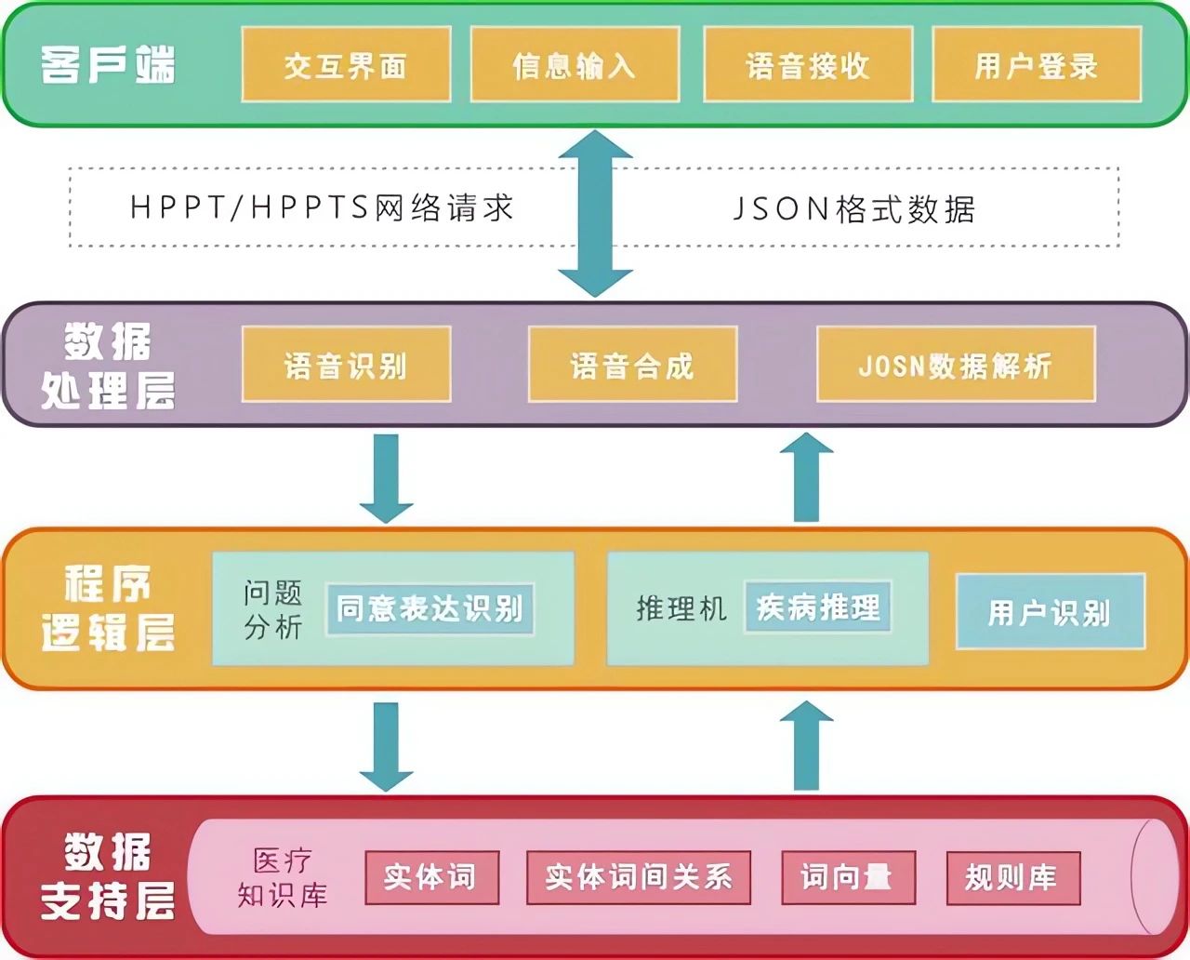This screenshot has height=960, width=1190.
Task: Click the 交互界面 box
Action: pyautogui.click(x=346, y=64)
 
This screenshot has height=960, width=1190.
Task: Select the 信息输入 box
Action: pyautogui.click(x=575, y=64)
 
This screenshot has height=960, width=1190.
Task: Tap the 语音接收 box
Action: pyautogui.click(x=808, y=64)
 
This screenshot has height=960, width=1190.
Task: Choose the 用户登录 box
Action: pyautogui.click(x=1037, y=64)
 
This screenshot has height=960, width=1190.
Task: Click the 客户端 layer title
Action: pyautogui.click(x=108, y=65)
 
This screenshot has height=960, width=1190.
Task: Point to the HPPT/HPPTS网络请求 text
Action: pyautogui.click(x=322, y=207)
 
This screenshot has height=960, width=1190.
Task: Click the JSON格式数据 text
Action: pyautogui.click(x=853, y=208)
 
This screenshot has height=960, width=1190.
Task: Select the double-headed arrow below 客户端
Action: pyautogui.click(x=595, y=213)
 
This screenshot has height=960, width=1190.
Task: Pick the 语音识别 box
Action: pyautogui.click(x=346, y=365)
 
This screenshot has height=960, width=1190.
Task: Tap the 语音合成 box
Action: pyautogui.click(x=632, y=365)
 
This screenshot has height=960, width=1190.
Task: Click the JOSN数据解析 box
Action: pyautogui.click(x=956, y=365)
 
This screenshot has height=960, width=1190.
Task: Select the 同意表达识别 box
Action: pyautogui.click(x=430, y=609)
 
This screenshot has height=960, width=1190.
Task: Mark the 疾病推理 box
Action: pyautogui.click(x=818, y=607)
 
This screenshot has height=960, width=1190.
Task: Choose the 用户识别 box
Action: pyautogui.click(x=1051, y=611)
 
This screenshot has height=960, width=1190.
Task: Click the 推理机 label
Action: pyautogui.click(x=681, y=608)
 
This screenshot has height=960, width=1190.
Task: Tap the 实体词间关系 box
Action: pyautogui.click(x=639, y=877)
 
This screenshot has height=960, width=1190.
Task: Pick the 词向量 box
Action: pyautogui.click(x=848, y=877)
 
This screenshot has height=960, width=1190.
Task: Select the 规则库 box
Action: pyautogui.click(x=1012, y=877)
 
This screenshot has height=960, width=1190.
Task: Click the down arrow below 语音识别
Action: pyautogui.click(x=387, y=478)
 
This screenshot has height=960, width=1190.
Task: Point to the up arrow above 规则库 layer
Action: pyautogui.click(x=806, y=744)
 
